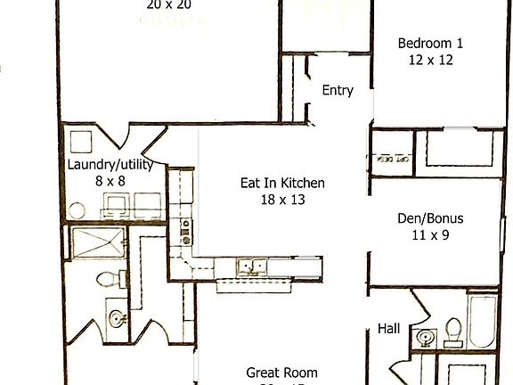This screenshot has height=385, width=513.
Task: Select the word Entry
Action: (x=338, y=90)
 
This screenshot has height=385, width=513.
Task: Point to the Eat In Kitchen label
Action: (x=282, y=184)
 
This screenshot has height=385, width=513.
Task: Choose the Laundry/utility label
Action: (x=110, y=165)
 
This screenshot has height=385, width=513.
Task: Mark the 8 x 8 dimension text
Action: (x=110, y=181)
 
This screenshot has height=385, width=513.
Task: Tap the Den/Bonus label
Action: (x=430, y=217)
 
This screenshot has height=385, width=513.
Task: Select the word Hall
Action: (x=389, y=328)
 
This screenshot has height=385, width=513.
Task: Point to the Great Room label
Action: (x=281, y=373)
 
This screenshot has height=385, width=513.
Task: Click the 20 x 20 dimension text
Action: (x=168, y=4)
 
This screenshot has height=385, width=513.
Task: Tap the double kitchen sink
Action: (x=252, y=266)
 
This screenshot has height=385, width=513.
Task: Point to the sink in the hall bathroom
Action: (x=425, y=338)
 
